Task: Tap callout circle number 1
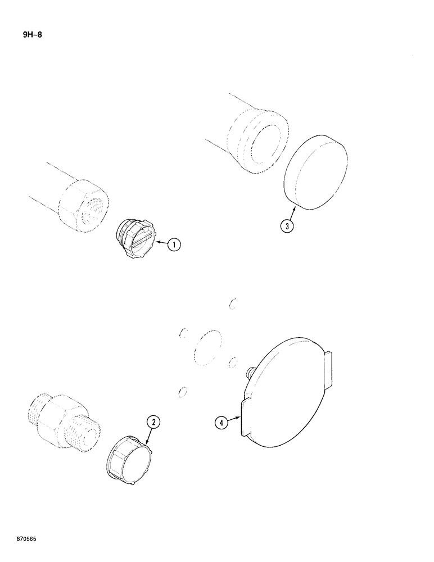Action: tap(174, 244)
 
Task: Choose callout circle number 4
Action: tap(222, 423)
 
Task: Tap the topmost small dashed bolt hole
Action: tap(233, 303)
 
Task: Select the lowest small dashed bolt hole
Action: tap(182, 392)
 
